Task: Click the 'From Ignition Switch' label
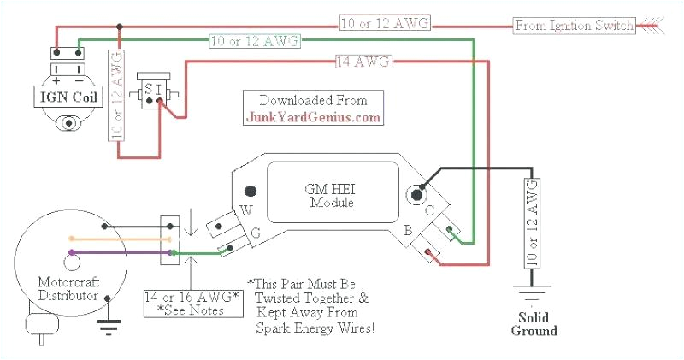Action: (x=575, y=26)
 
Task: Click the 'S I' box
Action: (x=153, y=86)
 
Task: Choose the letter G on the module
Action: (x=256, y=232)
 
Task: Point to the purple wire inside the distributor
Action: (x=94, y=252)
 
